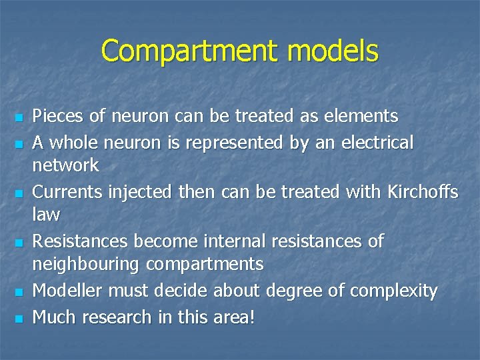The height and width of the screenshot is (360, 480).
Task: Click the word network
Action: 65,165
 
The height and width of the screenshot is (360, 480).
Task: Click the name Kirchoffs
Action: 422,192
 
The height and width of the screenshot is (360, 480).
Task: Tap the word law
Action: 46,214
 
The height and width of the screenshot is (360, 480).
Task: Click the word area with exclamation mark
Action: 236,317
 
